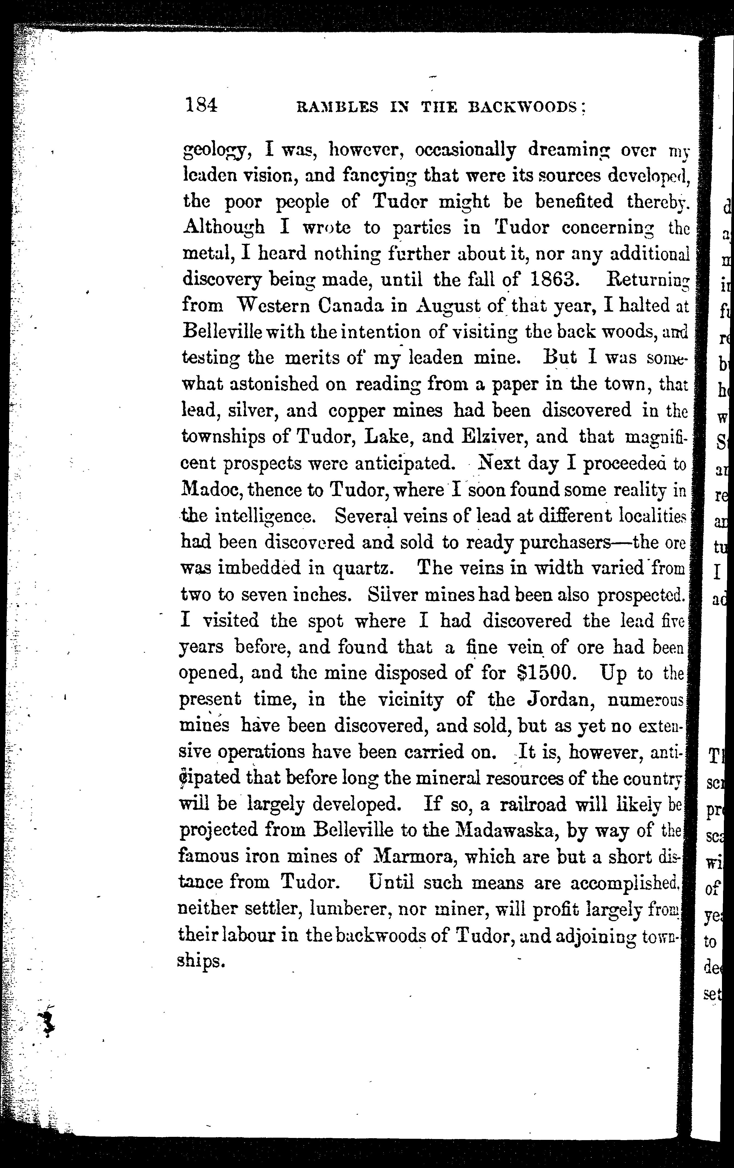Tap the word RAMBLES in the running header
pyautogui.click(x=337, y=107)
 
